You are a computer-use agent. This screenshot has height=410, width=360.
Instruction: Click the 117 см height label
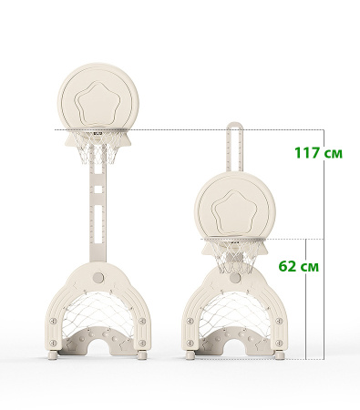318,153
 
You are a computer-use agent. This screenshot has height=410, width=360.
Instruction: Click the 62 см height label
299,266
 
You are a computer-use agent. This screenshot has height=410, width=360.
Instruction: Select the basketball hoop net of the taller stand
98,148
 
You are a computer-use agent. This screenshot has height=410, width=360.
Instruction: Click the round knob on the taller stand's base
98,277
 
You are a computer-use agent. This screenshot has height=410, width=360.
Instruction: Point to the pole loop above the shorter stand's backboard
234,145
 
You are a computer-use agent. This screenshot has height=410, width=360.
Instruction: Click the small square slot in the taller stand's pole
98,190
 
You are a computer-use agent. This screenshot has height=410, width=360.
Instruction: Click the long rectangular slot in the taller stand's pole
98,218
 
